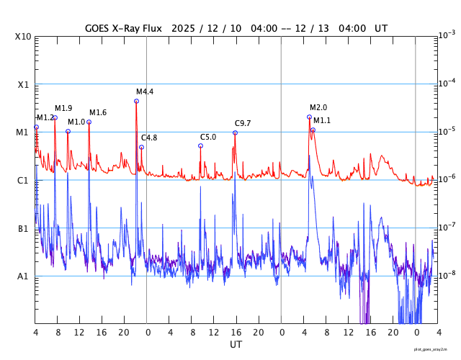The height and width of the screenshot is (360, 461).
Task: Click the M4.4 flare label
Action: (x=145, y=91)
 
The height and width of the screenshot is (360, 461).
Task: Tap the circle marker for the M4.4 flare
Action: (x=136, y=101)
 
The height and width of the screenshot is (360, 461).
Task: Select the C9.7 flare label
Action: (x=243, y=123)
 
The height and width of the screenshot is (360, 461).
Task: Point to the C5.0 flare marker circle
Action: (x=200, y=145)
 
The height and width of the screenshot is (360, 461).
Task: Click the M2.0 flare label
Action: (x=318, y=107)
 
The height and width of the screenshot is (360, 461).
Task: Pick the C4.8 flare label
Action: (x=149, y=138)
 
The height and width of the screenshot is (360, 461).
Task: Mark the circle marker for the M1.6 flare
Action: (x=89, y=122)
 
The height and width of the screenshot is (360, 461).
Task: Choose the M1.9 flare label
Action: (x=63, y=108)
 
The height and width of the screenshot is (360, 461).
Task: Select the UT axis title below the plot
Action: (x=236, y=345)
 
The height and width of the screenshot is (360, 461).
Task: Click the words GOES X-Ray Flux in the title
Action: (x=123, y=28)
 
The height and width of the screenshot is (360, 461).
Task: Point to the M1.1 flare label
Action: (x=322, y=120)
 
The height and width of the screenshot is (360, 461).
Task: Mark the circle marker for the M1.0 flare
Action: (x=68, y=131)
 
